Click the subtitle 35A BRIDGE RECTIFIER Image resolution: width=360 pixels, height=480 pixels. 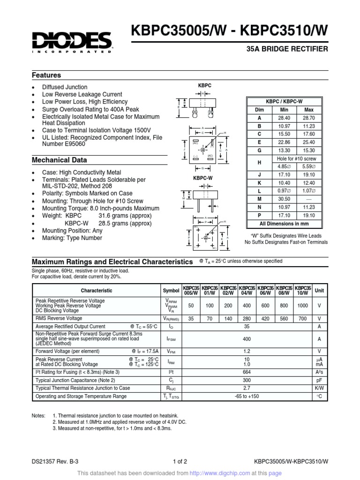tap(287, 49)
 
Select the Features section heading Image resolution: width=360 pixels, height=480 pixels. tap(46, 75)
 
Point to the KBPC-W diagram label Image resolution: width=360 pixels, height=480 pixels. tap(202, 178)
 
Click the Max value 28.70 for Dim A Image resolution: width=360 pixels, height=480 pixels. tap(309, 118)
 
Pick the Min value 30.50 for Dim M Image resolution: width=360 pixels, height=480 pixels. tap(283, 199)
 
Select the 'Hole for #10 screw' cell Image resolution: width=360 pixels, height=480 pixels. tap(297, 159)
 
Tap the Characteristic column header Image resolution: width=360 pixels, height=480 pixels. tap(97, 291)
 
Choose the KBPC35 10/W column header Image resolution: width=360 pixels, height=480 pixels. tap(303, 290)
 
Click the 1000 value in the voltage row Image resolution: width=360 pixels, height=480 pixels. tap(303, 306)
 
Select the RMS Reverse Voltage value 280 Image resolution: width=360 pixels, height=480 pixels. tap(247, 318)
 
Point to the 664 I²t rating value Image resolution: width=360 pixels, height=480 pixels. tap(247, 372)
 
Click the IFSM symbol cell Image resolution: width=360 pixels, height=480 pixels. tap(171, 338)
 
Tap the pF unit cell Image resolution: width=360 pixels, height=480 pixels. tap(319, 380)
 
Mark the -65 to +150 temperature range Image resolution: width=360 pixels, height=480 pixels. tap(247, 396)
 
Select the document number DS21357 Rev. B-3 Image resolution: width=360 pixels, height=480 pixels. tap(55, 461)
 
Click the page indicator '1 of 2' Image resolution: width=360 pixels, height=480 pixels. tap(180, 461)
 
